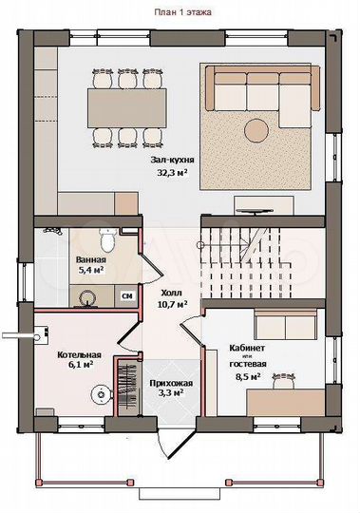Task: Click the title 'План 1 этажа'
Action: pyautogui.click(x=182, y=12)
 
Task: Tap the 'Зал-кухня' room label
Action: pyautogui.click(x=172, y=160)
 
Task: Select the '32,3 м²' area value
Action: pyautogui.click(x=173, y=172)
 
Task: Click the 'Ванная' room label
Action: pyautogui.click(x=91, y=259)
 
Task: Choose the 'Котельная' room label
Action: pyautogui.click(x=79, y=355)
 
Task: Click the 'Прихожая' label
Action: pyautogui.click(x=171, y=383)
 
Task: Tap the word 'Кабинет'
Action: pyautogui.click(x=247, y=348)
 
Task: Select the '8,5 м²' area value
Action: pyautogui.click(x=248, y=376)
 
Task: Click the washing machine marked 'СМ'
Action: pyautogui.click(x=127, y=295)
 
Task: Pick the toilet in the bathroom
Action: pyautogui.click(x=107, y=240)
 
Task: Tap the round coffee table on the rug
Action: pyautogui.click(x=256, y=130)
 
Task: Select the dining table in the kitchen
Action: pyautogui.click(x=127, y=108)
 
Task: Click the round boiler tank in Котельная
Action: pyautogui.click(x=101, y=394)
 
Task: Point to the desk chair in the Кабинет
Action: pyautogui.click(x=285, y=380)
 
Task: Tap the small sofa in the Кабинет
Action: pyautogui.click(x=286, y=325)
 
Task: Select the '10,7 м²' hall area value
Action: pyautogui.click(x=173, y=305)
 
